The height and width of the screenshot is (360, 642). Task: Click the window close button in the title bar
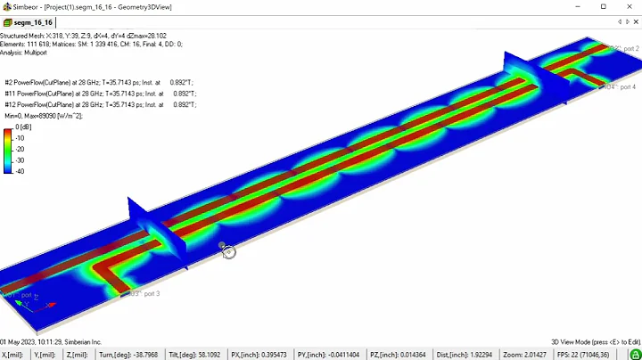(628, 6)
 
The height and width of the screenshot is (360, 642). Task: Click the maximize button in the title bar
(603, 6)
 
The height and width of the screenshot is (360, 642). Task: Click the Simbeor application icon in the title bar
(6, 6)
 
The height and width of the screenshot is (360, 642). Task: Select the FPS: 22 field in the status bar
(592, 353)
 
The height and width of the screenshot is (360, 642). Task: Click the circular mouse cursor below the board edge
(229, 252)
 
